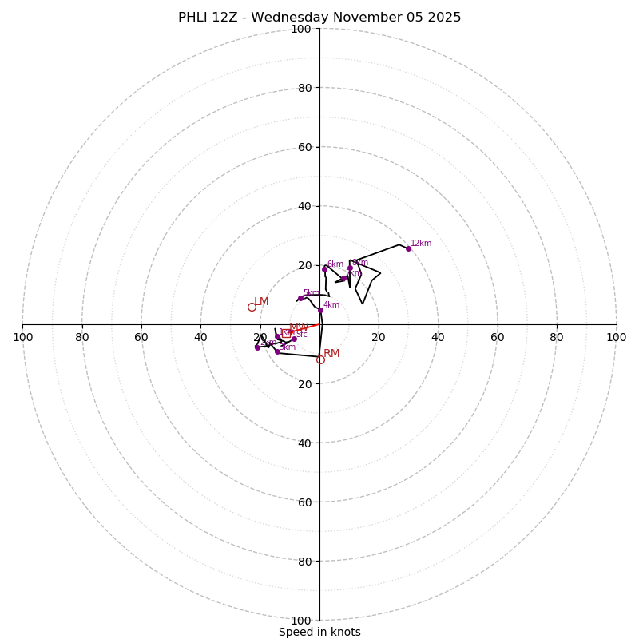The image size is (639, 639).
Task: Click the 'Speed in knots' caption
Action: [x=319, y=632]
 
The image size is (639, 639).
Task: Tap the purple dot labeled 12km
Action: [x=408, y=248]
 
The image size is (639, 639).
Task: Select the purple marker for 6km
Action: [x=324, y=269]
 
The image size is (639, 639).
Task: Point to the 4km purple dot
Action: [x=320, y=310]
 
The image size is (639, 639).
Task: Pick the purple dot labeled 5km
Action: [x=300, y=298]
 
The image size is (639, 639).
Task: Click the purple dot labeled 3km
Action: [x=277, y=351]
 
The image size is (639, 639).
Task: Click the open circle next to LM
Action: [x=252, y=307]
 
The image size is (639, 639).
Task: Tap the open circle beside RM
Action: [x=320, y=359]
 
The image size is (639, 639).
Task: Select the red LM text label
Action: [x=261, y=301]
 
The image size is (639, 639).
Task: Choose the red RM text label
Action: [x=331, y=353]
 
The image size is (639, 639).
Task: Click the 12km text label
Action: [x=421, y=244]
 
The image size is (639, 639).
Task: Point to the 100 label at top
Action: [x=301, y=29]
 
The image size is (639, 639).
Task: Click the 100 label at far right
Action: [x=616, y=337]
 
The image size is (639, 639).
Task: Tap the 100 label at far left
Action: [x=23, y=337]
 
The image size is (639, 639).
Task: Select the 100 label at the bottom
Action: [x=301, y=621]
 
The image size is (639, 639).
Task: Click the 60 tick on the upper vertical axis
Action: [x=304, y=147]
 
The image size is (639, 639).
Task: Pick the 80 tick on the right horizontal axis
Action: [x=557, y=337]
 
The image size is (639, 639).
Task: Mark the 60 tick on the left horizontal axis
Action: [x=141, y=337]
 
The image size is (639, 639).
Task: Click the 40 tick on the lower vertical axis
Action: [x=304, y=443]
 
